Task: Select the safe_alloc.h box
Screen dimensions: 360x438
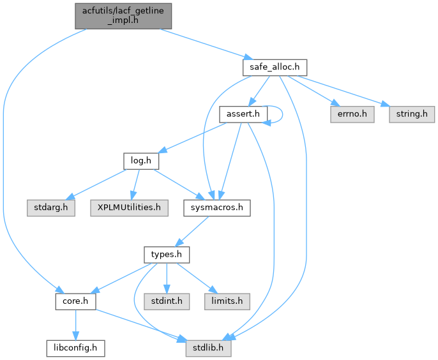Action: tap(275, 66)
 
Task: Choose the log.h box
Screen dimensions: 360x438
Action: tap(140, 160)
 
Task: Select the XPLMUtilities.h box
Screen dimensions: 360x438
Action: tap(128, 207)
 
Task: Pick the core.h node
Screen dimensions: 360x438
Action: tap(75, 301)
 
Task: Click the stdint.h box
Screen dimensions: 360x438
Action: tap(166, 301)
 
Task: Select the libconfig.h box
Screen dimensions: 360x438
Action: tap(75, 348)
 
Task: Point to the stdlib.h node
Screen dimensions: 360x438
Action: tap(208, 348)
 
